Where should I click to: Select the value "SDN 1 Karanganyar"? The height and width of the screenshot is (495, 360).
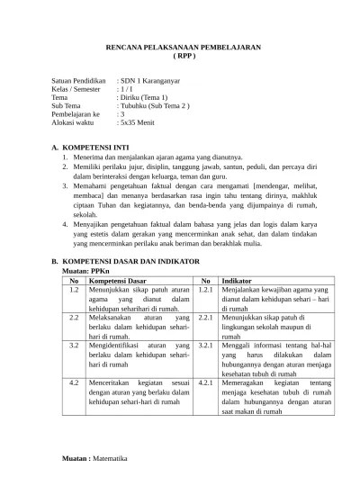pyautogui.click(x=149, y=80)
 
